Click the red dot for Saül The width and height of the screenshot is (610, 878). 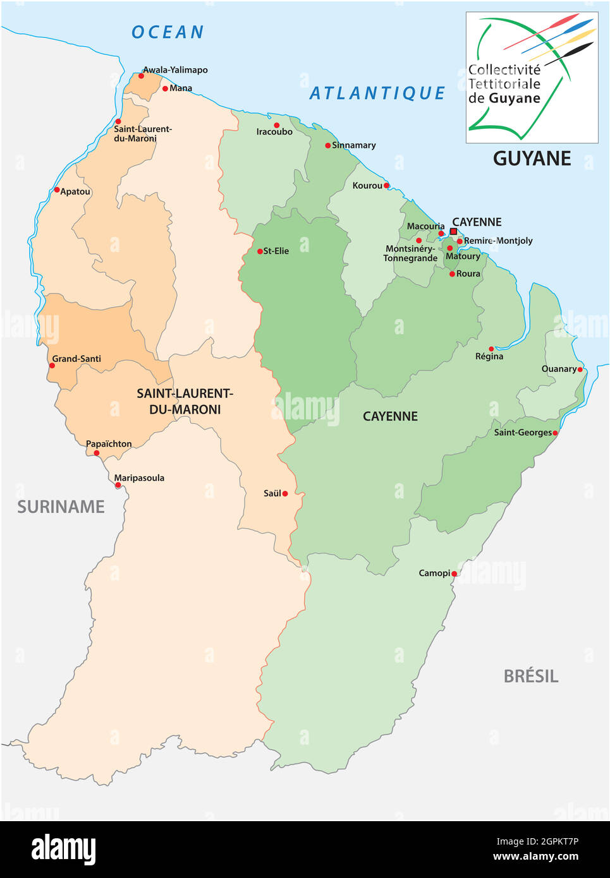coord(285,493)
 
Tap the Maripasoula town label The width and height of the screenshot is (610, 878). coord(140,478)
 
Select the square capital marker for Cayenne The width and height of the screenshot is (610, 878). coord(453,232)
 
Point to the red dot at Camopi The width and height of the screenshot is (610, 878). coord(454,574)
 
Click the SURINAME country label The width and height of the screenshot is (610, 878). coord(61,507)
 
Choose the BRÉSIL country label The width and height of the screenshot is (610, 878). coord(530,677)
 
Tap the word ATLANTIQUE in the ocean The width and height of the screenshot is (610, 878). coord(377,93)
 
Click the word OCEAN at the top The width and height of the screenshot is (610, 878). coord(168,32)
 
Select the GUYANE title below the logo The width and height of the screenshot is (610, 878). coord(532,159)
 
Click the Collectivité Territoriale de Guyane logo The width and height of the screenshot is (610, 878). coord(532,78)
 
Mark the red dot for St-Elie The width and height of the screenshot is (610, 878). coord(260,251)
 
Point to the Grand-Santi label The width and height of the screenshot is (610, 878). coord(76,359)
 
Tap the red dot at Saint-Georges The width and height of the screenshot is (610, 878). coord(555,433)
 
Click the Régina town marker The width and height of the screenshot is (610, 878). coord(491,349)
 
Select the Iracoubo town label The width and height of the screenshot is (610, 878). coord(274,132)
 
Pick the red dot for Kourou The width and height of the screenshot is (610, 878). coord(386,185)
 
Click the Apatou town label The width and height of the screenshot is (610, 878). coord(75,191)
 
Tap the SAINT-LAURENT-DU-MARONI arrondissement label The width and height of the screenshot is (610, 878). coord(185,401)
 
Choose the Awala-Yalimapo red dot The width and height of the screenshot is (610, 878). coord(141,76)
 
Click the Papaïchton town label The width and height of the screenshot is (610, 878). coord(109,444)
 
